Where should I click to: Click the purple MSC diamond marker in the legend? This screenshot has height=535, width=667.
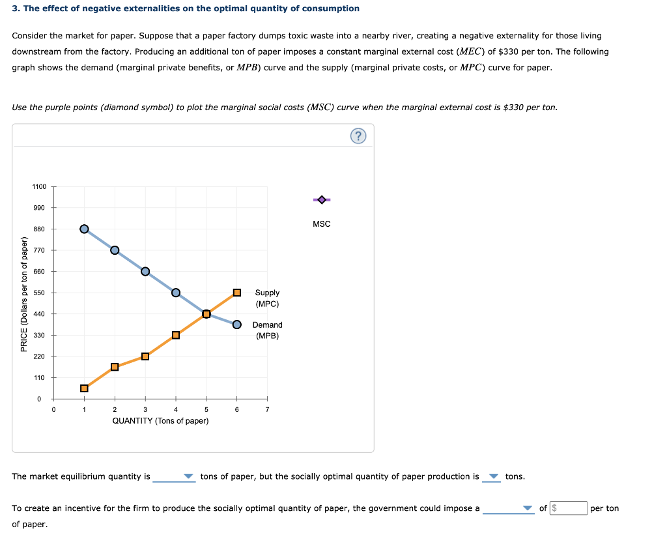[321, 199]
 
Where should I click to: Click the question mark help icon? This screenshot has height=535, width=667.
[358, 136]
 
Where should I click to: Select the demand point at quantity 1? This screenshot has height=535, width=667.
[84, 229]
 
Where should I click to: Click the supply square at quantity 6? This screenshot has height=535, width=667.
[237, 293]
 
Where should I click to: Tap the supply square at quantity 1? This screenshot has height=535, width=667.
[84, 388]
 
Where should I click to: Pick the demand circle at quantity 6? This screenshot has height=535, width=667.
[237, 325]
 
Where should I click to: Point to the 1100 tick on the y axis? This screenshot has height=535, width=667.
[39, 187]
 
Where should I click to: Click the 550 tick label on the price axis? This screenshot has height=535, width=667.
[39, 293]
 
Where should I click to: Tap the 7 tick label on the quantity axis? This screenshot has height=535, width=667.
[267, 409]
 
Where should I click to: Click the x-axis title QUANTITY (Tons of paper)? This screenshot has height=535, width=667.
[160, 421]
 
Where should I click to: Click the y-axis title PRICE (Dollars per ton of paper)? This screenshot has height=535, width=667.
[24, 293]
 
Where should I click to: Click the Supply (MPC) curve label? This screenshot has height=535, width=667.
[267, 298]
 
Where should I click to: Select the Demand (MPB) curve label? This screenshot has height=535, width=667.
[267, 330]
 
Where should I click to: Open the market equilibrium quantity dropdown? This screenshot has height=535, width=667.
[174, 477]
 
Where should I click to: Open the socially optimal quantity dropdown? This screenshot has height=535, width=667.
[492, 477]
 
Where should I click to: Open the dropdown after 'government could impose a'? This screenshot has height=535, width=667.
[509, 508]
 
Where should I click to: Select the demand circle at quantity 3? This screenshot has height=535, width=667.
[145, 271]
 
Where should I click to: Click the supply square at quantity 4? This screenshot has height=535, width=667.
[176, 335]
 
